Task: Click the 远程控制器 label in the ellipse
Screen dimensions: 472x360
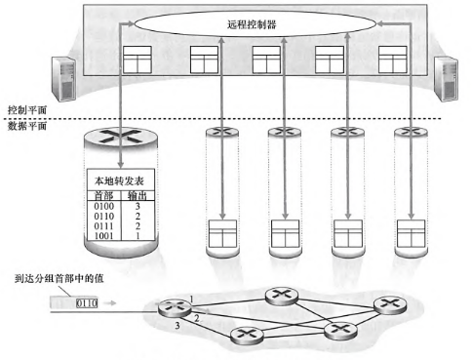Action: pyautogui.click(x=252, y=24)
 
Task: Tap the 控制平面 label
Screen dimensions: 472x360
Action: pyautogui.click(x=27, y=110)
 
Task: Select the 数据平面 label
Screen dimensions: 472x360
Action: pyautogui.click(x=27, y=126)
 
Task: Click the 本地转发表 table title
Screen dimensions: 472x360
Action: pyautogui.click(x=119, y=180)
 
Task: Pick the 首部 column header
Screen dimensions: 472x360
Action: pyautogui.click(x=103, y=195)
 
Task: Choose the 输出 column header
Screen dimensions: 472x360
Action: pyautogui.click(x=138, y=195)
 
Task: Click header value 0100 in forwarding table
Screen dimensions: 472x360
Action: pyautogui.click(x=104, y=206)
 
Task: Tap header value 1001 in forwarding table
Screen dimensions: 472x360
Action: pyautogui.click(x=104, y=236)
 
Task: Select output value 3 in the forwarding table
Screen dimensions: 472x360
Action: pyautogui.click(x=138, y=206)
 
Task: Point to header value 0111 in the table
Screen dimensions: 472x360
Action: pyautogui.click(x=104, y=226)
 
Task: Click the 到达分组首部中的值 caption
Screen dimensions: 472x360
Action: pyautogui.click(x=59, y=278)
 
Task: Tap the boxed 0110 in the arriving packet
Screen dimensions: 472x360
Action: pyautogui.click(x=87, y=303)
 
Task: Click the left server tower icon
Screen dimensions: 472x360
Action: pyautogui.click(x=64, y=79)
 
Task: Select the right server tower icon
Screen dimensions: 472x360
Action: pyautogui.click(x=446, y=79)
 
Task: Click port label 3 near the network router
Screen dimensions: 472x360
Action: pyautogui.click(x=177, y=325)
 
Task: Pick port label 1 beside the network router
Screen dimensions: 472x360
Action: pyautogui.click(x=191, y=299)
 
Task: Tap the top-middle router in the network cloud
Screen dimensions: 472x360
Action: pyautogui.click(x=282, y=296)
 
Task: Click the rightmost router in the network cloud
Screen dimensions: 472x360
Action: pyautogui.click(x=390, y=305)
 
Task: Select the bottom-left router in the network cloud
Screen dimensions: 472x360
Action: pyautogui.click(x=247, y=336)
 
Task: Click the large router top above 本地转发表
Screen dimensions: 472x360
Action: pyautogui.click(x=121, y=137)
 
